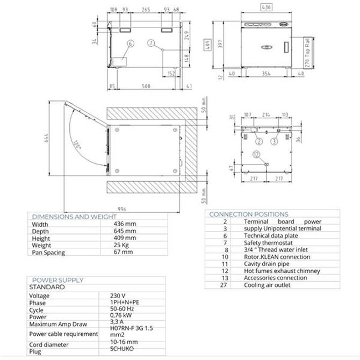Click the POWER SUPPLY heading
[x=57, y=280]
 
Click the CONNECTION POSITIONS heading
[x=248, y=214]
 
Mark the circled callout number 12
[x=256, y=155]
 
